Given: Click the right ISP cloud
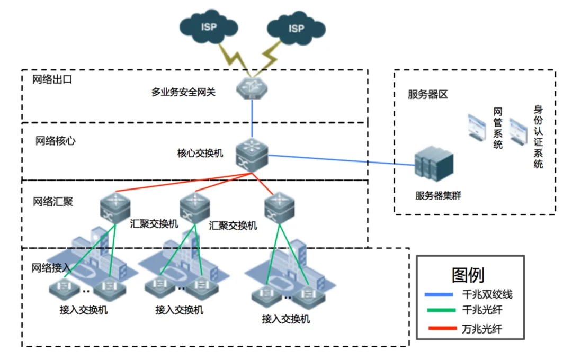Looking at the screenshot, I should click(294, 29).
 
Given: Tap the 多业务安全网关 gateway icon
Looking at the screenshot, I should click(253, 87).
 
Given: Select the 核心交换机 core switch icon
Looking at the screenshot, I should click(252, 154).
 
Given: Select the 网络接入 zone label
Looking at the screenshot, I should click(51, 267).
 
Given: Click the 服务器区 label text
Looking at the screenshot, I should click(427, 95).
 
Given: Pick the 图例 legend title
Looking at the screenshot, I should click(468, 274).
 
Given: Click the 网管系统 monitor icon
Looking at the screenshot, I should click(477, 128).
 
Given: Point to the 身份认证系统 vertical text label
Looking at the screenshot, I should click(538, 137).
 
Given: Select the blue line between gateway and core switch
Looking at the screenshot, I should click(252, 119).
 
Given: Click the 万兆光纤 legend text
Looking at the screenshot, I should click(481, 329).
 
